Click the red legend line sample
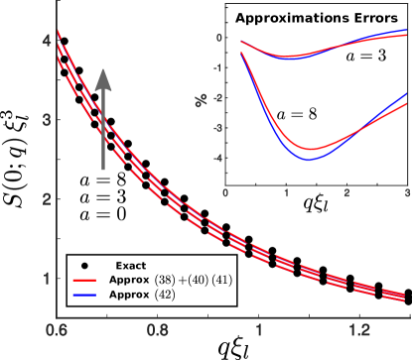pyautogui.click(x=84, y=281)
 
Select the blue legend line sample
pyautogui.click(x=84, y=295)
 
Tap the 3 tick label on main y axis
pyautogui.click(x=47, y=120)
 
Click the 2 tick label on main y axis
pyautogui.click(x=47, y=199)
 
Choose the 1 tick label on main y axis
pyautogui.click(x=47, y=279)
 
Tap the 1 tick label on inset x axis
pyautogui.click(x=286, y=193)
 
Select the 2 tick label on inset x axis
pyautogui.click(x=346, y=193)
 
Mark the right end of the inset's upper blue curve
pyautogui.click(x=407, y=31)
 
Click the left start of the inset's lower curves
pyautogui.click(x=242, y=52)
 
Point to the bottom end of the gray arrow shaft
pyautogui.click(x=103, y=170)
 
